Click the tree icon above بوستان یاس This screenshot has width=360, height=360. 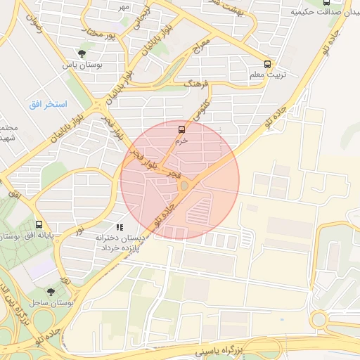[x=83, y=53]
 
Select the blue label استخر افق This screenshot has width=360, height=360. [x=48, y=104]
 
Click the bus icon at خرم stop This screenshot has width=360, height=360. [x=181, y=129]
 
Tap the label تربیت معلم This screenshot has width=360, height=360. [x=266, y=74]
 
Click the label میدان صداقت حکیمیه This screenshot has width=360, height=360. [x=324, y=13]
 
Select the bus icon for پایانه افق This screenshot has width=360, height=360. [x=38, y=226]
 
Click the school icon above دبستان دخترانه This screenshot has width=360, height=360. [x=120, y=227]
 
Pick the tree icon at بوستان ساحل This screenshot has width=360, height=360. [x=50, y=291]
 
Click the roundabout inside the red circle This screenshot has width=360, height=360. [x=185, y=186]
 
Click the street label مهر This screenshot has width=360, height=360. [x=123, y=7]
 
